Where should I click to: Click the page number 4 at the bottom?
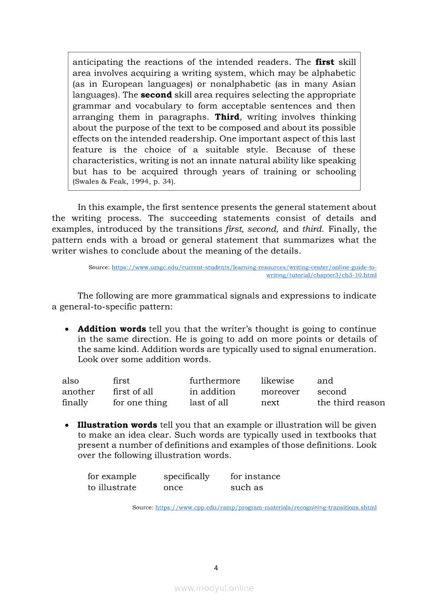pos(216,568)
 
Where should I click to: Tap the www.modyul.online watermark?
pos(214,588)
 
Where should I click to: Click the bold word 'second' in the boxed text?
pos(156,95)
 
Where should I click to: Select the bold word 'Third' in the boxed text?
pos(227,117)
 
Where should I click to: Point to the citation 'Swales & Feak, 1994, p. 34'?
pos(124,182)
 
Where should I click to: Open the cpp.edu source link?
pos(266,508)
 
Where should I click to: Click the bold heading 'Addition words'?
pos(112,329)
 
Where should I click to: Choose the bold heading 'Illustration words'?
pos(118,425)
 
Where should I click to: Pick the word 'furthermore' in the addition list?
pos(215,380)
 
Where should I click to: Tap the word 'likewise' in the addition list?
pos(277,380)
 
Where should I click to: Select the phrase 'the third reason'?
pos(351,402)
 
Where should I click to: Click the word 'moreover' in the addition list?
pos(280,391)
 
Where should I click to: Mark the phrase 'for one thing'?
pos(140,402)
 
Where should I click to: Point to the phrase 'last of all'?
pos(209,402)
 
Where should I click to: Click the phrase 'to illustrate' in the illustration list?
pos(112,487)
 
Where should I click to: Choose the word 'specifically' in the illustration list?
pos(187,476)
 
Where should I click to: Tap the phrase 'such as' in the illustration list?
pos(247,487)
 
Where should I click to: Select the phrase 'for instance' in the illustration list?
pos(255,476)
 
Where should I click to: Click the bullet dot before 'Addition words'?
pos(67,329)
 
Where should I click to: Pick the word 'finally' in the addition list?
pos(75,402)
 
